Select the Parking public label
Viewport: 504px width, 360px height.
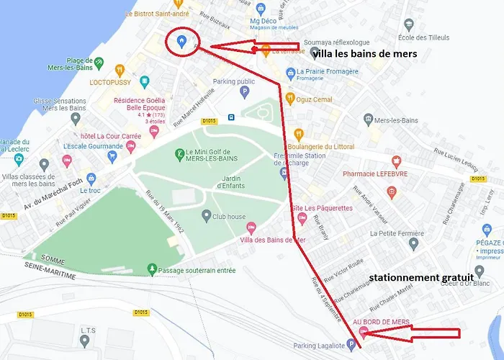[234, 81]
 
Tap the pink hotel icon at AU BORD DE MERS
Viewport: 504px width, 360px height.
[363, 332]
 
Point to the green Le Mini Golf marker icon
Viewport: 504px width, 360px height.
[179, 153]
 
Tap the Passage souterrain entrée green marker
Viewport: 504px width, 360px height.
[151, 269]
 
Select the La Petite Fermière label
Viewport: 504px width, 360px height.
[395, 233]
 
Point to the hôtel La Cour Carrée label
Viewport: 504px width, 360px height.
[91, 136]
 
